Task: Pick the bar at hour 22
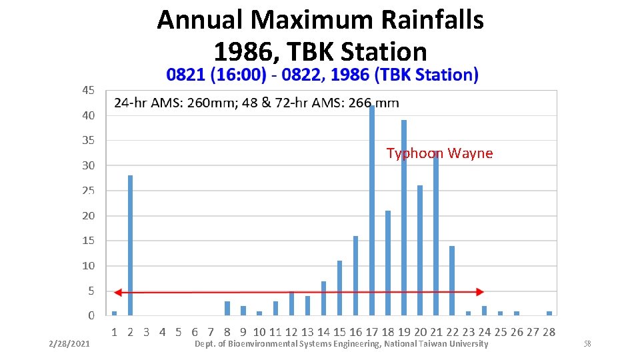pos(452,280)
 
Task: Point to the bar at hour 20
pos(420,250)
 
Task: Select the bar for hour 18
pos(388,263)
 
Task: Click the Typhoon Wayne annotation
pos(439,154)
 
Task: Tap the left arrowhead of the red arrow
pos(117,292)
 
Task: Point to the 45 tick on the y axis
pos(88,90)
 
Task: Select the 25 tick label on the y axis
pos(88,191)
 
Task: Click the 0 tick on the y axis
pos(91,316)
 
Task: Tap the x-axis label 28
pos(549,332)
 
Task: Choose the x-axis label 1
pos(114,332)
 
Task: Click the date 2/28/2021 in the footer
pos(70,344)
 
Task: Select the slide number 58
pos(587,344)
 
